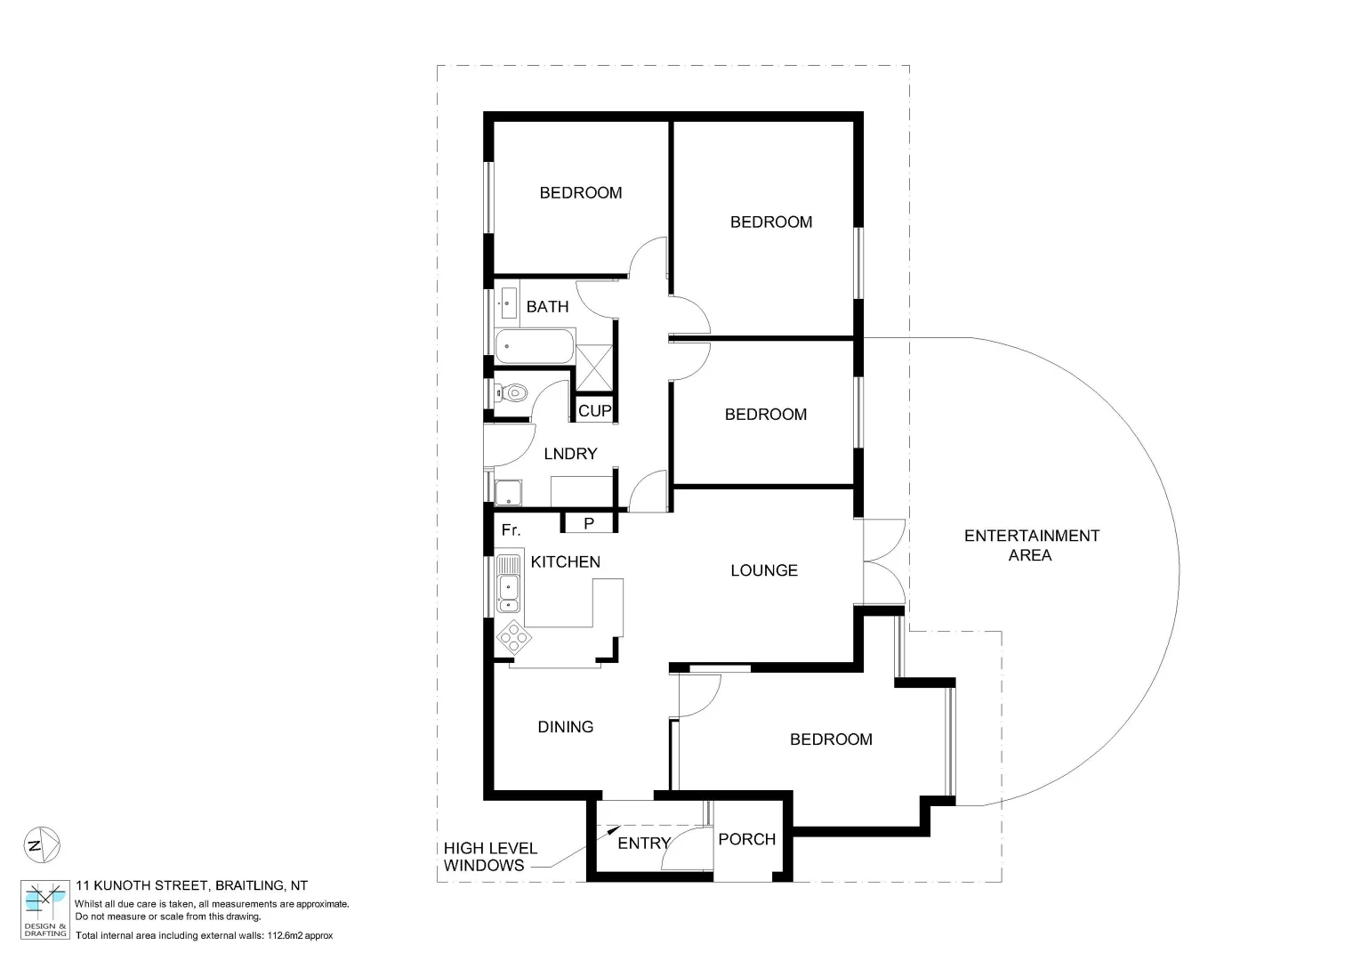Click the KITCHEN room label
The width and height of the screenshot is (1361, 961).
click(565, 562)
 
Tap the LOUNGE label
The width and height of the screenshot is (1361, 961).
click(764, 570)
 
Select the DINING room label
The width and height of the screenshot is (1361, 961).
click(566, 727)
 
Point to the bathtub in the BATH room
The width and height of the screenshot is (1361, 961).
click(534, 346)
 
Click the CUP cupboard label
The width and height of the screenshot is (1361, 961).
click(594, 411)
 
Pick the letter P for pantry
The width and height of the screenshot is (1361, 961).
click(589, 524)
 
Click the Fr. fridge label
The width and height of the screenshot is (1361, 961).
click(511, 530)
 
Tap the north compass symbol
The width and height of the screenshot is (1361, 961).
click(40, 844)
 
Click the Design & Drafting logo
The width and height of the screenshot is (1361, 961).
click(44, 909)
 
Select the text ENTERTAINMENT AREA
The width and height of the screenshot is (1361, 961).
click(1032, 545)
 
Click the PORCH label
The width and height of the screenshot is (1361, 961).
click(746, 839)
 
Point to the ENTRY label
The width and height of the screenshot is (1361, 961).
click(643, 844)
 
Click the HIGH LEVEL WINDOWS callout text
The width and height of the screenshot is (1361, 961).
click(490, 857)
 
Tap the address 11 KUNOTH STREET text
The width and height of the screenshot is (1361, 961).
click(191, 885)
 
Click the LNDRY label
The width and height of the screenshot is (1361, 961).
click(570, 454)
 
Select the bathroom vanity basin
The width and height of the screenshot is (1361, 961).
click(508, 302)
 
